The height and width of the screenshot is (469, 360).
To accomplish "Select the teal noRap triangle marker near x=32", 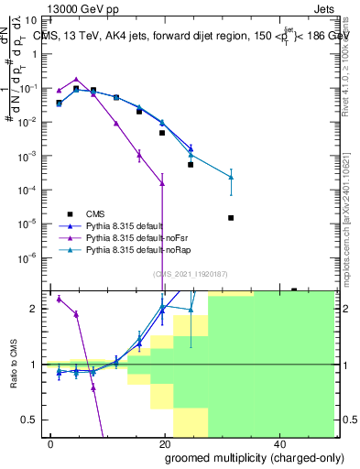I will coord(231,177).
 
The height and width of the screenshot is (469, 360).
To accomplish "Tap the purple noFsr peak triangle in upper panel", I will coord(76,80).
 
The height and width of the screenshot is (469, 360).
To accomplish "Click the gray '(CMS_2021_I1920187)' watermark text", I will coord(190,273).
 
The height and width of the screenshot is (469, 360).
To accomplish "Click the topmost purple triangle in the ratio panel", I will coord(59,299).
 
